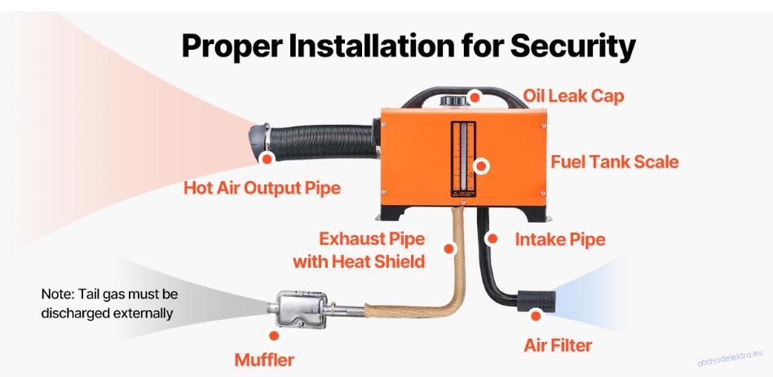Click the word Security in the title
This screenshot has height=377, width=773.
pyautogui.click(x=572, y=46)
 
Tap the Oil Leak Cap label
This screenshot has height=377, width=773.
pyautogui.click(x=573, y=95)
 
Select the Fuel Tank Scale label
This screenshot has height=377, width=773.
pyautogui.click(x=614, y=162)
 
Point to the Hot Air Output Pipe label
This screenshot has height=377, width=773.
pyautogui.click(x=262, y=188)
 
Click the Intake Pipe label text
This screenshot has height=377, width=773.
pyautogui.click(x=560, y=240)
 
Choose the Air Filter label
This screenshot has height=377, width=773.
pyautogui.click(x=558, y=345)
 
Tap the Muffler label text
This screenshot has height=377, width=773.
pyautogui.click(x=264, y=360)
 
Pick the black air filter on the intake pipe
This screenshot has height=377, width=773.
pyautogui.click(x=537, y=301)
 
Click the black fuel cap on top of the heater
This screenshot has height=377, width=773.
pyautogui.click(x=453, y=100)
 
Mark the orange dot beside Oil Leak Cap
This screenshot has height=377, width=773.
pyautogui.click(x=475, y=98)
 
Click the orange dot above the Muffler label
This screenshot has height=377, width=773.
pyautogui.click(x=274, y=335)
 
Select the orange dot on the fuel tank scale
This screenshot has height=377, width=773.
pyautogui.click(x=480, y=166)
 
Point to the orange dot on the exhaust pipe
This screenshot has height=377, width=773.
pyautogui.click(x=448, y=248)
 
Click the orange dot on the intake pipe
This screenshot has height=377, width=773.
pyautogui.click(x=492, y=239)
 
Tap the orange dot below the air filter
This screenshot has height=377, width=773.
pyautogui.click(x=536, y=316)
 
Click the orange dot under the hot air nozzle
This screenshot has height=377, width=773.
pyautogui.click(x=267, y=158)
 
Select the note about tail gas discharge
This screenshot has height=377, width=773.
pyautogui.click(x=109, y=304)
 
